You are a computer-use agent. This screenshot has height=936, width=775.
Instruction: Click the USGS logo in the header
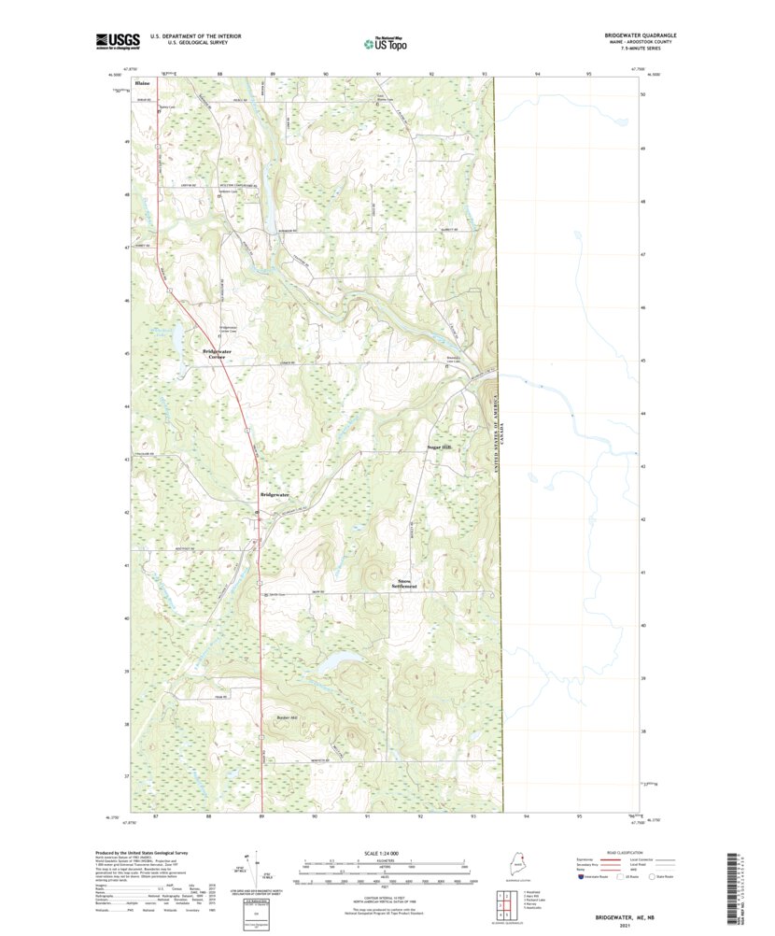tap(118, 40)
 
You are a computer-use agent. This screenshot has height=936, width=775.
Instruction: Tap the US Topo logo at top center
tap(385, 42)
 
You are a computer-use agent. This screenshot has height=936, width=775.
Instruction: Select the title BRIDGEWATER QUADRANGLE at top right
tap(640, 35)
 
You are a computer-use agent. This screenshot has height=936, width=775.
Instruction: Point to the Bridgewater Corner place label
tap(216, 354)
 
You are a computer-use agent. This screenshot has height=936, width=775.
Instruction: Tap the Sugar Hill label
tap(439, 448)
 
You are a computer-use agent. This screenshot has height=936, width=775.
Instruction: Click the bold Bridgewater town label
tap(275, 494)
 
